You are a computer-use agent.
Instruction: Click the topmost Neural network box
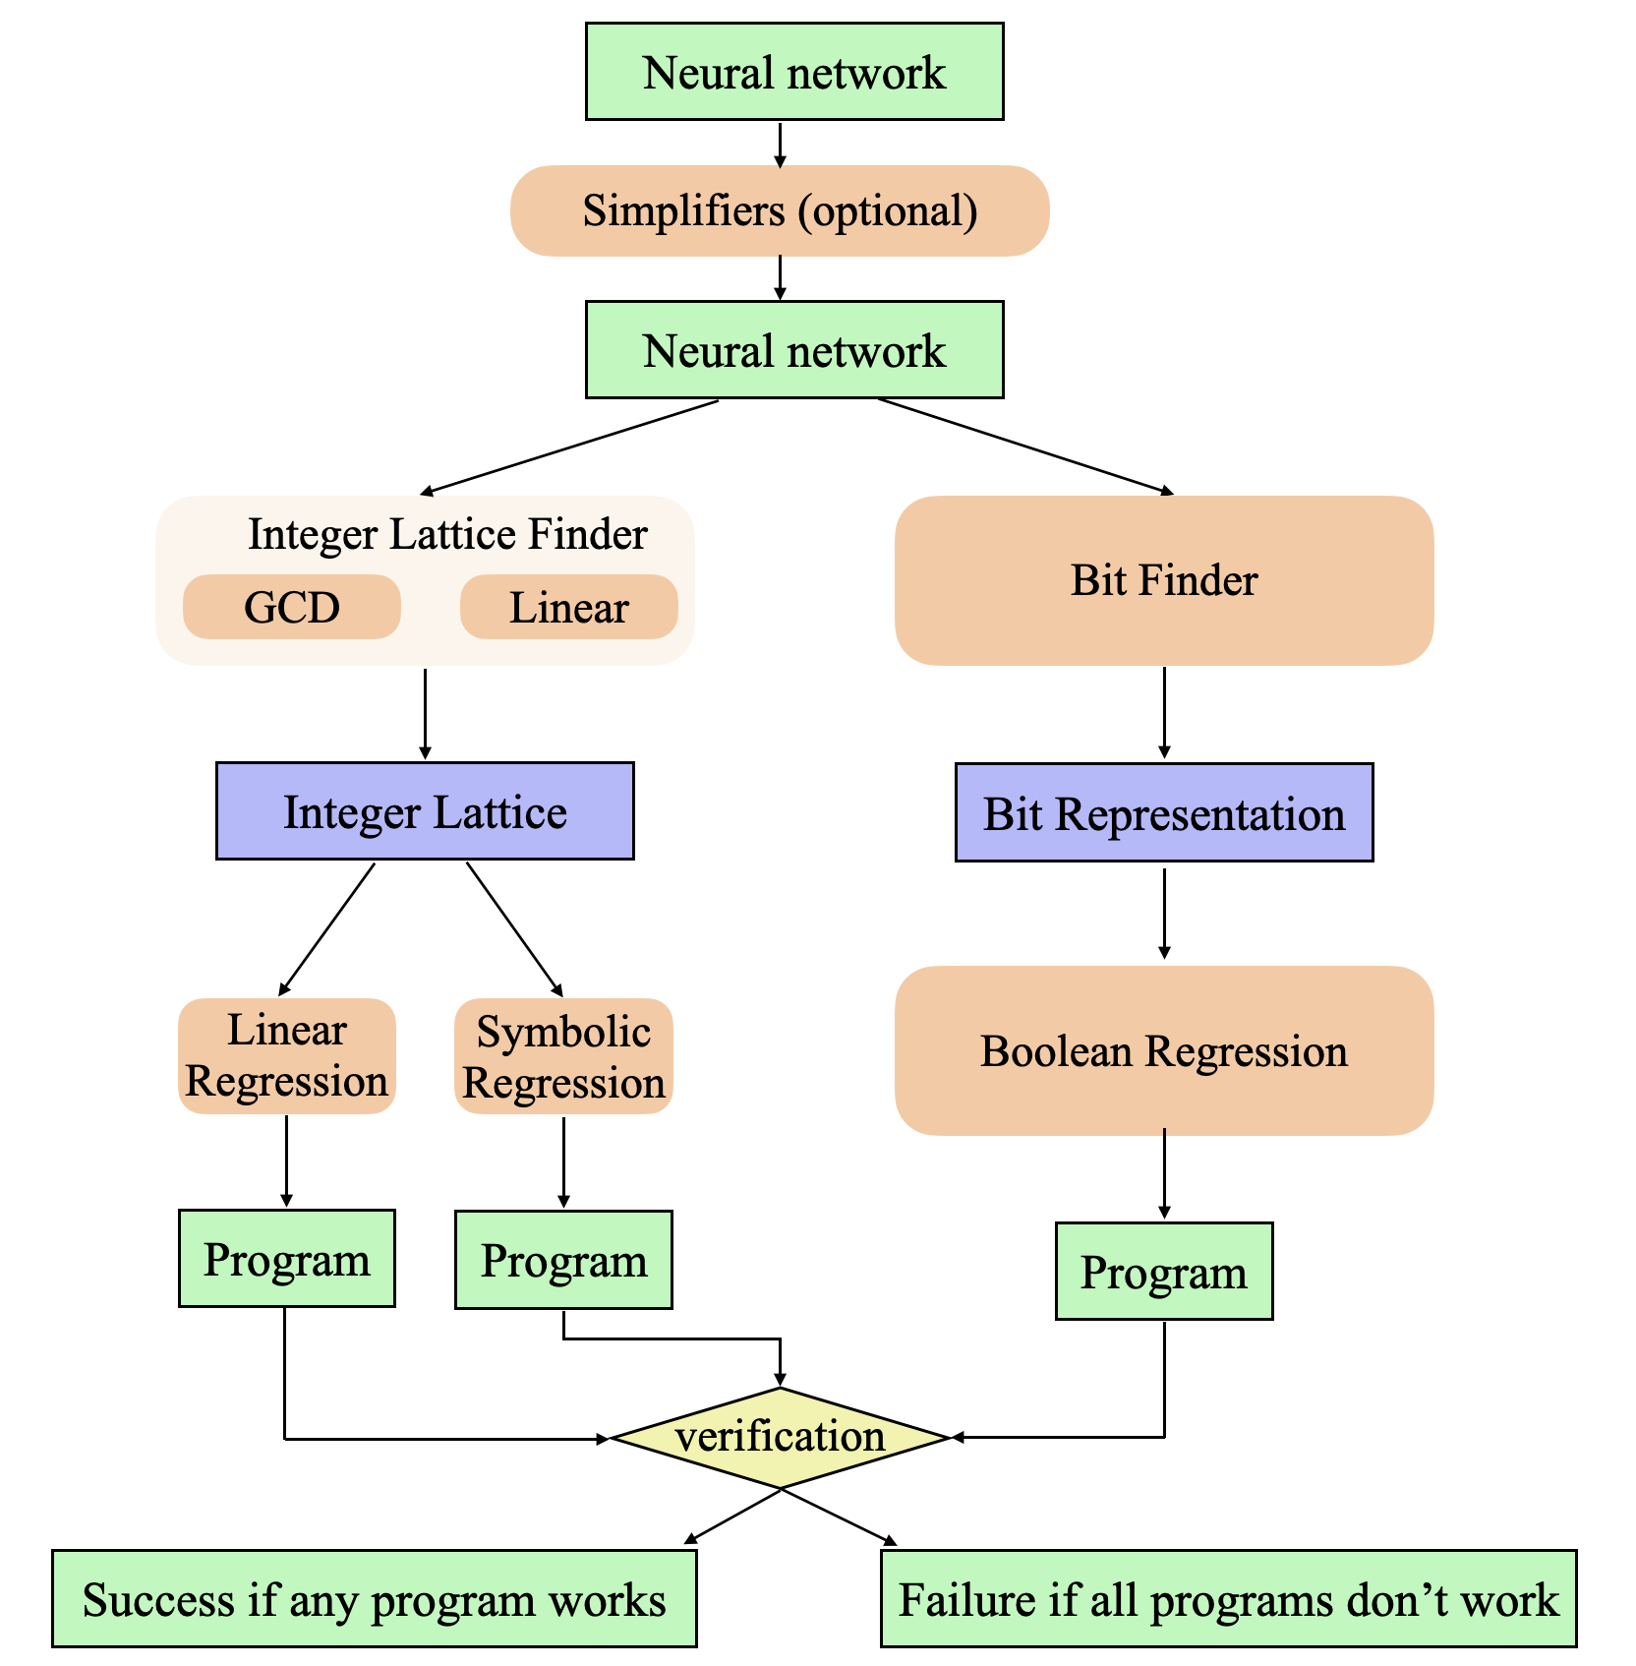pyautogui.click(x=793, y=72)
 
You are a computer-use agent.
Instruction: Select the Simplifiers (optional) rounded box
pyautogui.click(x=780, y=210)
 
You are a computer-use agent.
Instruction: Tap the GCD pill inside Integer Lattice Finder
pyautogui.click(x=292, y=607)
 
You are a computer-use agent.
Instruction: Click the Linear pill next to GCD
pyautogui.click(x=568, y=607)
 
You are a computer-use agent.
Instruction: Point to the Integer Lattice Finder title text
pyautogui.click(x=447, y=534)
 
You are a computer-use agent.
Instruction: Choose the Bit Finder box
pyautogui.click(x=1163, y=580)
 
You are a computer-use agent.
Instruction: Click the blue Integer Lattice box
pyautogui.click(x=425, y=811)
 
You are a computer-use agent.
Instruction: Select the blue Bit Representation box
pyautogui.click(x=1163, y=812)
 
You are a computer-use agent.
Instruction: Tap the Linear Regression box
pyautogui.click(x=286, y=1055)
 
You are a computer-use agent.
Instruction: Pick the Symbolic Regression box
pyautogui.click(x=563, y=1056)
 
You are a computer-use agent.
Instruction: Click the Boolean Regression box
pyautogui.click(x=1163, y=1050)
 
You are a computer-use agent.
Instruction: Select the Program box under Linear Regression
pyautogui.click(x=286, y=1259)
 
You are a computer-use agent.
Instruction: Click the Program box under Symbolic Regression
pyautogui.click(x=563, y=1260)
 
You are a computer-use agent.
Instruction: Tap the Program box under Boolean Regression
pyautogui.click(x=1163, y=1272)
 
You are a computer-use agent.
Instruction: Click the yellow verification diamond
pyautogui.click(x=780, y=1437)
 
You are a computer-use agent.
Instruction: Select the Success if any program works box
pyautogui.click(x=374, y=1598)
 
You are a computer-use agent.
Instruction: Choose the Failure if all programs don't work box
pyautogui.click(x=1228, y=1598)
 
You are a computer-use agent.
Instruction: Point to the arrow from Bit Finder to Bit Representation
pyautogui.click(x=1164, y=712)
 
